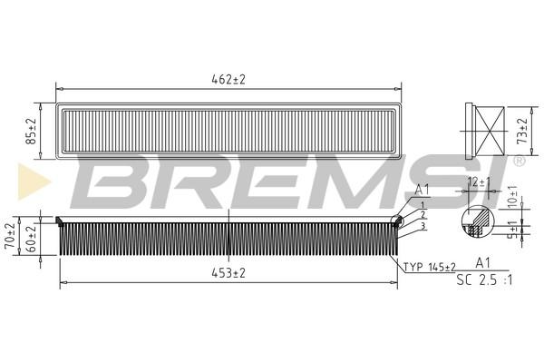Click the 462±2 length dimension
[228, 80]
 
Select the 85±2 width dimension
[31, 132]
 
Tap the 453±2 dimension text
[228, 273]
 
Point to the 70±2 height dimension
[10, 236]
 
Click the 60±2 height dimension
[31, 240]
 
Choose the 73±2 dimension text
[522, 131]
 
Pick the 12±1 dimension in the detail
[478, 182]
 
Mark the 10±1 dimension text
[513, 197]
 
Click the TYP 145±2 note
[429, 267]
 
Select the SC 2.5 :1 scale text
[484, 280]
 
